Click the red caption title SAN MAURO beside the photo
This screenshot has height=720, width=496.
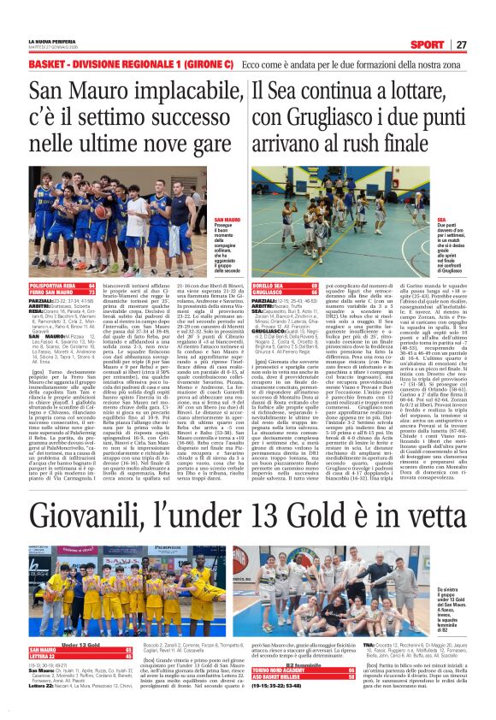(x=226, y=221)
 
